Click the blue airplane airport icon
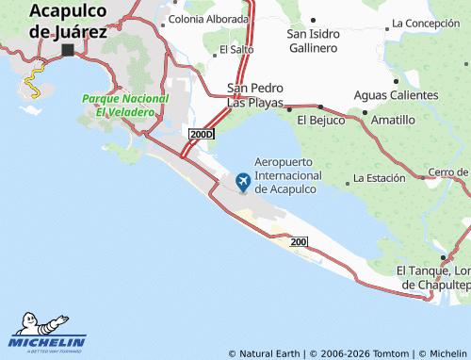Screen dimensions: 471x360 [242, 180]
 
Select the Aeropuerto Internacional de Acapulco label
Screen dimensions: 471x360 [289, 175]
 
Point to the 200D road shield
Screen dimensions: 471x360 [202, 135]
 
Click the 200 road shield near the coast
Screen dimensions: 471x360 [300, 243]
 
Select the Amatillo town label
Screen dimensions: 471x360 [393, 120]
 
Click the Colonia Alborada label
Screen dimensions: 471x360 [208, 19]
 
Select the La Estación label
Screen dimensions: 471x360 [379, 177]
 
